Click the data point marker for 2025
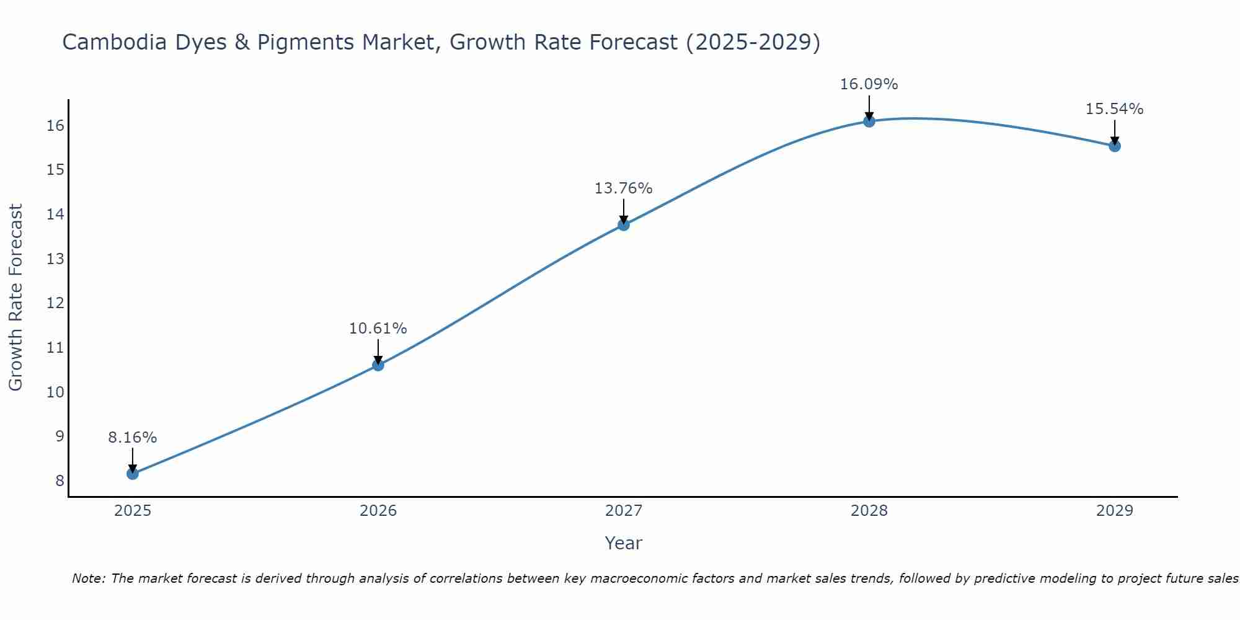click(133, 474)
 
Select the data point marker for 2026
click(378, 365)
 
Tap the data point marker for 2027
click(624, 224)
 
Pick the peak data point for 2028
click(869, 121)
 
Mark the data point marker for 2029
click(1115, 146)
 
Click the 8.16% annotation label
click(133, 438)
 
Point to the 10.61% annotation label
click(378, 329)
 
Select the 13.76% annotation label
click(624, 188)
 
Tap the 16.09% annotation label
click(869, 84)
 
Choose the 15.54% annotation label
click(1115, 109)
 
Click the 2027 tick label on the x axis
click(624, 511)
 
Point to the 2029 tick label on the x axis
click(1115, 511)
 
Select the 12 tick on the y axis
click(56, 303)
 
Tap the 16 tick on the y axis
click(56, 126)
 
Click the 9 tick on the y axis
click(60, 436)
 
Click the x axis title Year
click(624, 543)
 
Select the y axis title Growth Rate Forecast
click(16, 298)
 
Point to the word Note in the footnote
click(89, 579)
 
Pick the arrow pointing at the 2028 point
click(869, 107)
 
